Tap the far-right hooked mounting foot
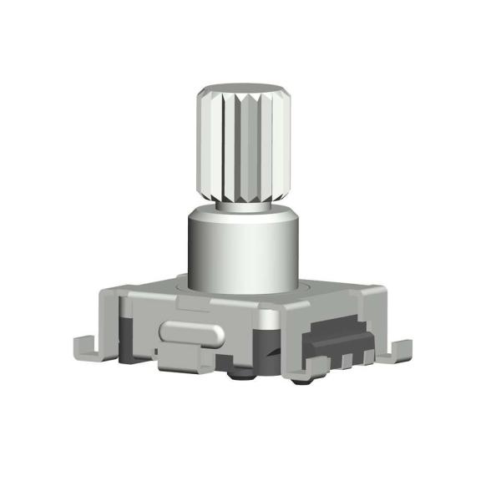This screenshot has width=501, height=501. pyautogui.click(x=399, y=351)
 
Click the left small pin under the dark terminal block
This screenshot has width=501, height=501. pyautogui.click(x=344, y=361)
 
